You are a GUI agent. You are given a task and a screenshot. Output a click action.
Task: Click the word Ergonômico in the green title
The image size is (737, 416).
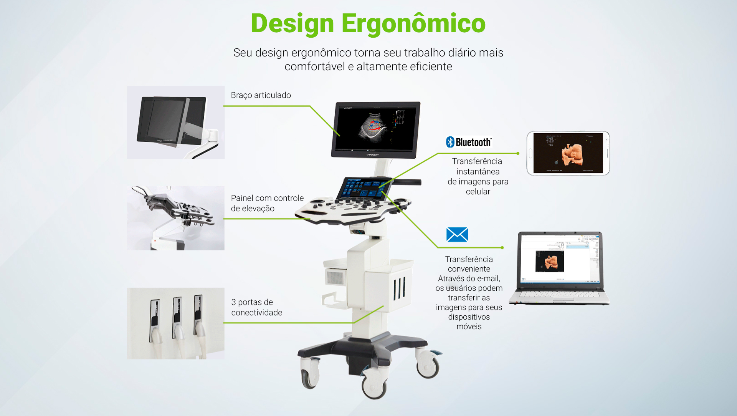click(413, 24)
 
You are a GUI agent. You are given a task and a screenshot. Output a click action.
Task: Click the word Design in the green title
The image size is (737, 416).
click(292, 24)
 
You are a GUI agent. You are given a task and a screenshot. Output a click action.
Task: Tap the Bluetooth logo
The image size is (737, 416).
click(469, 142)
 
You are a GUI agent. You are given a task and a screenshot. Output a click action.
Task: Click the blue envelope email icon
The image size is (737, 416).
click(457, 234)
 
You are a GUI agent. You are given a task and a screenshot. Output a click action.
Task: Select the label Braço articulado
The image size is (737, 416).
click(261, 95)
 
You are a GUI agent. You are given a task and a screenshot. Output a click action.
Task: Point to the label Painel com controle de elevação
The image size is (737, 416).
click(267, 203)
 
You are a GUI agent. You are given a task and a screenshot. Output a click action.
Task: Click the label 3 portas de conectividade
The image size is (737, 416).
click(256, 307)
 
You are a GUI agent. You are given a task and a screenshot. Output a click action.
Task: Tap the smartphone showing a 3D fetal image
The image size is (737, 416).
click(568, 153)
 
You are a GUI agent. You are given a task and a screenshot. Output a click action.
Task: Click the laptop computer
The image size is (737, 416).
click(559, 268)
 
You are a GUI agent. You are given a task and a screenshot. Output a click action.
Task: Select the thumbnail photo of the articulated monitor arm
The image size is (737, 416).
click(176, 123)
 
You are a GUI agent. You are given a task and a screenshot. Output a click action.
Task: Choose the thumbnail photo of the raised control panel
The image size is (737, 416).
click(176, 218)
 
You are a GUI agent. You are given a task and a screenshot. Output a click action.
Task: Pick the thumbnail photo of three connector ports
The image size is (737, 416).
click(176, 323)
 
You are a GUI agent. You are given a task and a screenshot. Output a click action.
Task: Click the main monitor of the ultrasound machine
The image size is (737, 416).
click(376, 130)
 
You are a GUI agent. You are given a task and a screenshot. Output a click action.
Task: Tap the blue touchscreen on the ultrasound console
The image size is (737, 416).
click(364, 188)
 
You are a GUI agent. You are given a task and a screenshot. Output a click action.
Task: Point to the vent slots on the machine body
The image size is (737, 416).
click(399, 288)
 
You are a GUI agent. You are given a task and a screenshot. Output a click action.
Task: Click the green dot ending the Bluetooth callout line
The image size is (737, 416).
click(518, 153)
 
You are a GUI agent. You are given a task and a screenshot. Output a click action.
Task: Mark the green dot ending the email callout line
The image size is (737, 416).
click(502, 248)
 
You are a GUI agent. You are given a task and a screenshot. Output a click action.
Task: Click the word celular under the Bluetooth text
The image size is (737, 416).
click(478, 192)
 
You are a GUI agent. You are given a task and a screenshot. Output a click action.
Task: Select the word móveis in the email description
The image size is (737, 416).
click(469, 327)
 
